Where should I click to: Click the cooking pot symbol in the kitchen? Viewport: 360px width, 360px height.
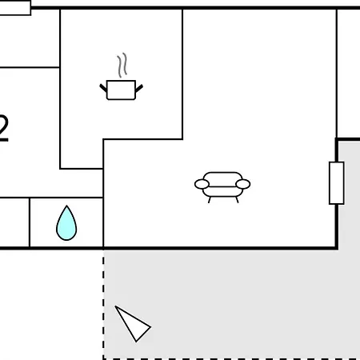[121, 90]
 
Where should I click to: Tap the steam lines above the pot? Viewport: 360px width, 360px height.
[122, 65]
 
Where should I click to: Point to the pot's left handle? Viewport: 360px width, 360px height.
[103, 88]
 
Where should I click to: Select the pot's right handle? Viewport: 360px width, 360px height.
[139, 88]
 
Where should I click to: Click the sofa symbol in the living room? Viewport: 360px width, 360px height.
[222, 187]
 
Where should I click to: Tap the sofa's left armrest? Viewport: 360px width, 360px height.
[202, 184]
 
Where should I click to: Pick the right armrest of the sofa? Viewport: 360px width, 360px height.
[243, 184]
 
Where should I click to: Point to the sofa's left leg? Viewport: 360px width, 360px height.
[210, 200]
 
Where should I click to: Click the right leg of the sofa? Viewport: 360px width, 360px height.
[237, 200]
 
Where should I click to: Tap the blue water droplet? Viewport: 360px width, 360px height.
[66, 223]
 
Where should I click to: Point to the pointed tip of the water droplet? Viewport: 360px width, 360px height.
[66, 206]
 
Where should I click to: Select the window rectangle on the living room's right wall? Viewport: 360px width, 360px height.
[337, 183]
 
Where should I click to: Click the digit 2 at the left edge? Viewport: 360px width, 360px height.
[3, 125]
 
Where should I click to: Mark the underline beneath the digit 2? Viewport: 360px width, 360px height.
[4, 139]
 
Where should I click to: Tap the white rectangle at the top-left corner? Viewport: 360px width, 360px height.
[15, 8]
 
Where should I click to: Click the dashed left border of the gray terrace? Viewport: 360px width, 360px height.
[103, 305]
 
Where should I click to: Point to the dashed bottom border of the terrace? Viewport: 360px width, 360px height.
[231, 359]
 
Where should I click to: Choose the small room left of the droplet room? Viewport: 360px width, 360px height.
[14, 222]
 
